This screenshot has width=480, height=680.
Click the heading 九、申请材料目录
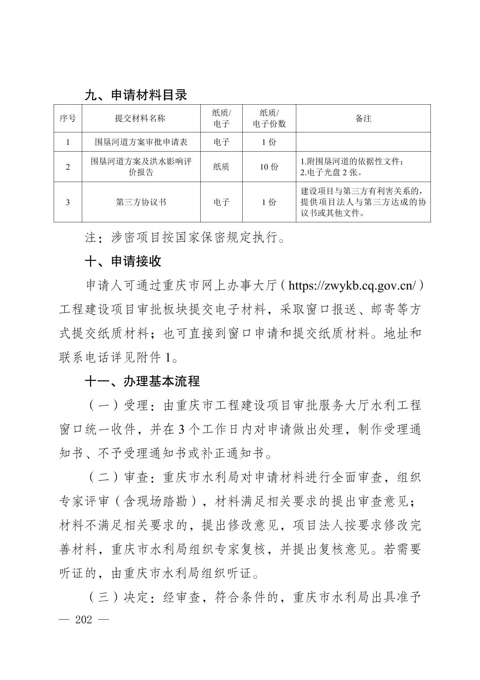click(x=136, y=95)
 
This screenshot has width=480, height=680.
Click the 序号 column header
click(x=68, y=119)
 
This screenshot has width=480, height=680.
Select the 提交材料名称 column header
click(x=140, y=119)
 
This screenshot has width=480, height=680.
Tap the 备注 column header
click(x=363, y=119)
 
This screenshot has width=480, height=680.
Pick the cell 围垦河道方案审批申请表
click(x=141, y=142)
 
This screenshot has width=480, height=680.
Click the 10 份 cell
click(x=269, y=167)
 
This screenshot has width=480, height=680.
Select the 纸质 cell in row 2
click(x=221, y=167)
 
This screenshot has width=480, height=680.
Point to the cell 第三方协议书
click(x=141, y=202)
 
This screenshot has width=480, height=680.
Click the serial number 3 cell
click(x=68, y=202)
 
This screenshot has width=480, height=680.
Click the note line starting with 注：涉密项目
click(x=185, y=238)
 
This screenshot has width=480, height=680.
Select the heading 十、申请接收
click(x=123, y=262)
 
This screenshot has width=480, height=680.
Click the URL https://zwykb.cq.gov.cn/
click(x=353, y=285)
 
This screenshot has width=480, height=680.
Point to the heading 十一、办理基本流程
click(x=142, y=382)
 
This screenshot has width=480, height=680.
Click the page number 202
click(x=84, y=620)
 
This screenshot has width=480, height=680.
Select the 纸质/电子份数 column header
click(x=269, y=119)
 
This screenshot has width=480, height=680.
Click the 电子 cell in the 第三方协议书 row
click(x=221, y=202)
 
